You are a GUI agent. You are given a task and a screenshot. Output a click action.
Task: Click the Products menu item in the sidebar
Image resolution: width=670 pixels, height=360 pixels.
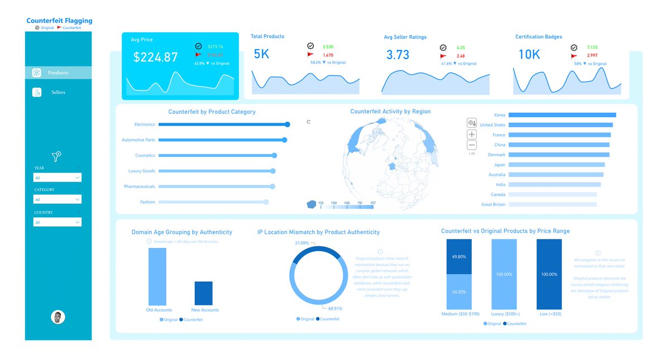58,73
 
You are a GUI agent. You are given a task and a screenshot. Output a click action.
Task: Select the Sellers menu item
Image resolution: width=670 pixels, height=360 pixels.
58,92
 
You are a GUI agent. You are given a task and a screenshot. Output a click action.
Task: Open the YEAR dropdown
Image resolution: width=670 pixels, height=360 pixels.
58,177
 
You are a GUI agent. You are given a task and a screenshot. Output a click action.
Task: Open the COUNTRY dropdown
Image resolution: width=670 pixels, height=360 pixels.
58,222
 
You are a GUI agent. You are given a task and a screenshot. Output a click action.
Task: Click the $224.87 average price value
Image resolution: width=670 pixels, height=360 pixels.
155,57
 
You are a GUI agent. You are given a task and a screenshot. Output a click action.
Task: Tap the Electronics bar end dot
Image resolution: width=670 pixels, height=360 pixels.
288,124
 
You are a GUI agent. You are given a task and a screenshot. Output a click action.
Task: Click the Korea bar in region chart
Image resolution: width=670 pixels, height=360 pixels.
562,115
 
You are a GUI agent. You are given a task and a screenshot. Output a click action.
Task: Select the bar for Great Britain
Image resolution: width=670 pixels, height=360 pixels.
552,205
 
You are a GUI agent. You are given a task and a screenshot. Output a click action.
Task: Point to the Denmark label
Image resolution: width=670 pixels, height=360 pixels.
496,155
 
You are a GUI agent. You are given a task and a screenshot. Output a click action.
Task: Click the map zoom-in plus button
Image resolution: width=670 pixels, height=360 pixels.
472,135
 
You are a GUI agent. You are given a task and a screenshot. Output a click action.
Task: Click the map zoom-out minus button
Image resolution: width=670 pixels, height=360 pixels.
472,146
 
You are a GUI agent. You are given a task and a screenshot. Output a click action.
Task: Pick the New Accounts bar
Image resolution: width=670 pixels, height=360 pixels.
203,293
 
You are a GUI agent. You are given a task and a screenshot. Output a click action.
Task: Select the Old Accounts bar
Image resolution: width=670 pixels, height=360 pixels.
157,276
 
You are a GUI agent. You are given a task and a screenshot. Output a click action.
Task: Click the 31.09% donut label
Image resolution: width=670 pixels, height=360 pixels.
301,243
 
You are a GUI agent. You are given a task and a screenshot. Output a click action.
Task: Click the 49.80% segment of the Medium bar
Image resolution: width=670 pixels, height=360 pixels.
458,257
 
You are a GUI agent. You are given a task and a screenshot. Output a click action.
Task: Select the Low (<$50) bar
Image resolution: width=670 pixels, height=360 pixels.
549,274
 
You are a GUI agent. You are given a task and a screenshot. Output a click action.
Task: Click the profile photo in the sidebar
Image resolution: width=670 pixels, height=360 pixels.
58,317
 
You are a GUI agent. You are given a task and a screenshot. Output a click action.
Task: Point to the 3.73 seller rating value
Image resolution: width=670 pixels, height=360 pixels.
398,55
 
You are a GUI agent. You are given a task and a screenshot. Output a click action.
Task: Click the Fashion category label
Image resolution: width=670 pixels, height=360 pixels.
148,202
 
